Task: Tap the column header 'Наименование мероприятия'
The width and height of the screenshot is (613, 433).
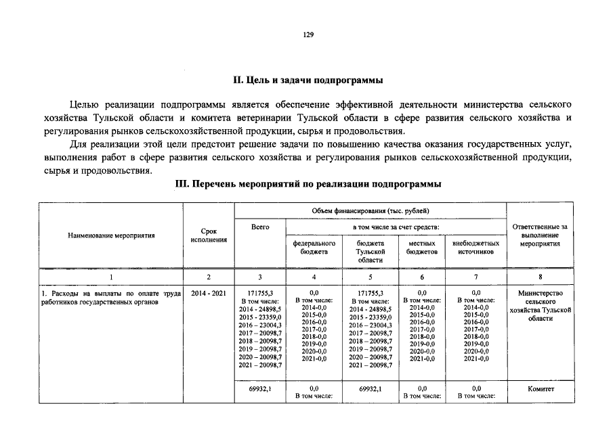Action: (x=111, y=235)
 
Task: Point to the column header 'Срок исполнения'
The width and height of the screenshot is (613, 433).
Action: (x=209, y=235)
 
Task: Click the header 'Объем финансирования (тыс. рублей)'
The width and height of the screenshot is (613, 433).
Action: (x=371, y=211)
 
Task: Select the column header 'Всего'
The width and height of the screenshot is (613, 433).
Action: (x=260, y=227)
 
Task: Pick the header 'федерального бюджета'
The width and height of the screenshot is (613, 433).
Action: (x=314, y=247)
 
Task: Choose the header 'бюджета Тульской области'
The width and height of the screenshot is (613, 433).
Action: (x=371, y=251)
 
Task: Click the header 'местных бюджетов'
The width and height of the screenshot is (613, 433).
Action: (x=421, y=247)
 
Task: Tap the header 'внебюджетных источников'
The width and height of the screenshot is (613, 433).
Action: (x=475, y=247)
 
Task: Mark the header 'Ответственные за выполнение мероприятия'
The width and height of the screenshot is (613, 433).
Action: (x=540, y=235)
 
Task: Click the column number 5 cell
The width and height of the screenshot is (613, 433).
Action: (x=371, y=277)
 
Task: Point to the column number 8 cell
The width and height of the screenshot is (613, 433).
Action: (x=540, y=277)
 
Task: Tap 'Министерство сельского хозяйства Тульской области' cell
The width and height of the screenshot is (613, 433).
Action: (x=540, y=305)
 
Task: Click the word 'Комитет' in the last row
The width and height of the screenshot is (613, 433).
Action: (x=540, y=389)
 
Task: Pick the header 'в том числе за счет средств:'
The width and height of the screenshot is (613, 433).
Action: (x=396, y=227)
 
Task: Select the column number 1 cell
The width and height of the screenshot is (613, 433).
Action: (x=111, y=277)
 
